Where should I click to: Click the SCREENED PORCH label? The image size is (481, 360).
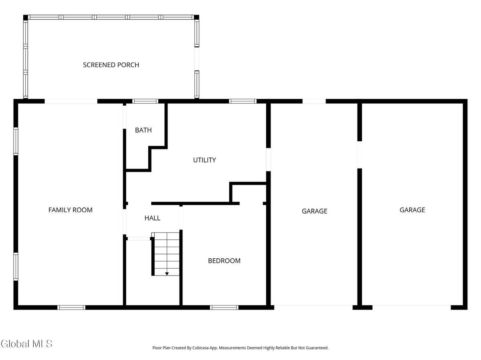click(111, 65)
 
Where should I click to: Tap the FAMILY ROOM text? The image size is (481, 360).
click(70, 210)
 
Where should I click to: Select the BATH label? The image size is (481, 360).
click(143, 130)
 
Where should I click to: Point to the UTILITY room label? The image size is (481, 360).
click(204, 160)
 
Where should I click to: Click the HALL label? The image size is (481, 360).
click(152, 218)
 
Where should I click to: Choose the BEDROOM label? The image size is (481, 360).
click(224, 261)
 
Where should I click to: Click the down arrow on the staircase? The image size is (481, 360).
click(167, 273)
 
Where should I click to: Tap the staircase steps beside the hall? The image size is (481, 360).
click(167, 252)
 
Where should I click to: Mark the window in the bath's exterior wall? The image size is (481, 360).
click(146, 101)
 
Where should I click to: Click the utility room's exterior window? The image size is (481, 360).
click(243, 101)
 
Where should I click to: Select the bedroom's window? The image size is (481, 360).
click(224, 308)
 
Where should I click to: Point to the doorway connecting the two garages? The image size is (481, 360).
click(360, 155)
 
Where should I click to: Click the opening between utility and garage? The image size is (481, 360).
click(268, 159)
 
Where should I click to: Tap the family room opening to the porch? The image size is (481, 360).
click(71, 101)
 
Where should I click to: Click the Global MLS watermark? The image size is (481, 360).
click(26, 344)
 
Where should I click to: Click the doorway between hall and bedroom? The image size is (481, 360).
click(181, 217)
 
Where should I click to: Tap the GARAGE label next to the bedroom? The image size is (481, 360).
click(314, 211)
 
